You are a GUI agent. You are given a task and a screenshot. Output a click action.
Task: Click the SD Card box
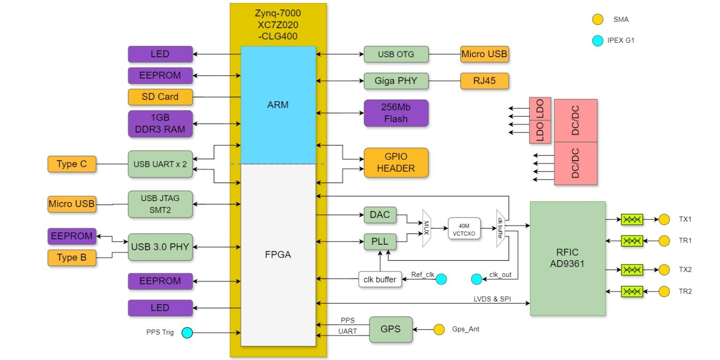[160, 97]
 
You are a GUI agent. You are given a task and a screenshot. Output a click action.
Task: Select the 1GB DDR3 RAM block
[160, 124]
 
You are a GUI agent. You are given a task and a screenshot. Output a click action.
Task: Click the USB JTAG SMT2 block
[160, 204]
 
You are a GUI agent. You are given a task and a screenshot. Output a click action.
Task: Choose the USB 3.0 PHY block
[160, 247]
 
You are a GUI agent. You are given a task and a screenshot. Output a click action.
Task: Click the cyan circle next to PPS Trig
[187, 333]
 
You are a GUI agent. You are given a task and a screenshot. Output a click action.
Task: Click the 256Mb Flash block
[396, 113]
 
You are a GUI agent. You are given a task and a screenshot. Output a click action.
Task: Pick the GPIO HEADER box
[396, 163]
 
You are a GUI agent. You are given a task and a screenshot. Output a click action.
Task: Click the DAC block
[380, 215]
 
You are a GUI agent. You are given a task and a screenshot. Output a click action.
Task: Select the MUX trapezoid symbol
[427, 228]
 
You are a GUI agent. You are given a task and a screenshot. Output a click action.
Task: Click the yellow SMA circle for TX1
[664, 219]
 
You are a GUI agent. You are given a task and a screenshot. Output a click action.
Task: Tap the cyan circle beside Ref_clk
[441, 279]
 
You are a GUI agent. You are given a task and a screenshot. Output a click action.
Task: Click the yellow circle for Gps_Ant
[439, 330]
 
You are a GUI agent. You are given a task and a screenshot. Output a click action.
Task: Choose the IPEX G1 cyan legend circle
[598, 41]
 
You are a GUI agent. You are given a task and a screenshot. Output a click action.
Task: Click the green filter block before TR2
[632, 292]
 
